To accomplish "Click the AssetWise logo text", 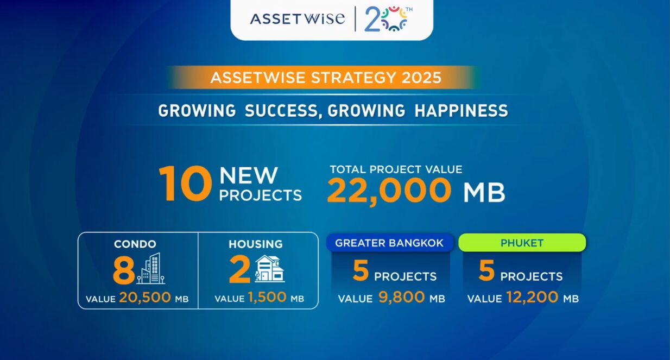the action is [298, 18].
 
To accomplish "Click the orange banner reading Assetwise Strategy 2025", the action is [325, 78].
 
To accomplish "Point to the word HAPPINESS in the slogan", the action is [461, 110].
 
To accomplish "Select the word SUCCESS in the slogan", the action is [281, 111].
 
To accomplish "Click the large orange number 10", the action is [186, 184].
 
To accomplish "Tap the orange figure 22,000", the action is [389, 191].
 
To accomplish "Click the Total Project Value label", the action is [396, 169].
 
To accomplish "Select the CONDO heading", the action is [135, 244].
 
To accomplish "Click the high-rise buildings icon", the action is [151, 268].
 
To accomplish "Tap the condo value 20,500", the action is [145, 298].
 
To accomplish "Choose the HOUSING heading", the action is [256, 244].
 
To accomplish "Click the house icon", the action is [270, 268].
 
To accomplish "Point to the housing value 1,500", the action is [267, 298].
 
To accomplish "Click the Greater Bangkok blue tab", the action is [389, 243].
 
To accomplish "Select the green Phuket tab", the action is [522, 243].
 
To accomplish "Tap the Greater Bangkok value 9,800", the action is [401, 297].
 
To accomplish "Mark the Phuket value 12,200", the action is [533, 297].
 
